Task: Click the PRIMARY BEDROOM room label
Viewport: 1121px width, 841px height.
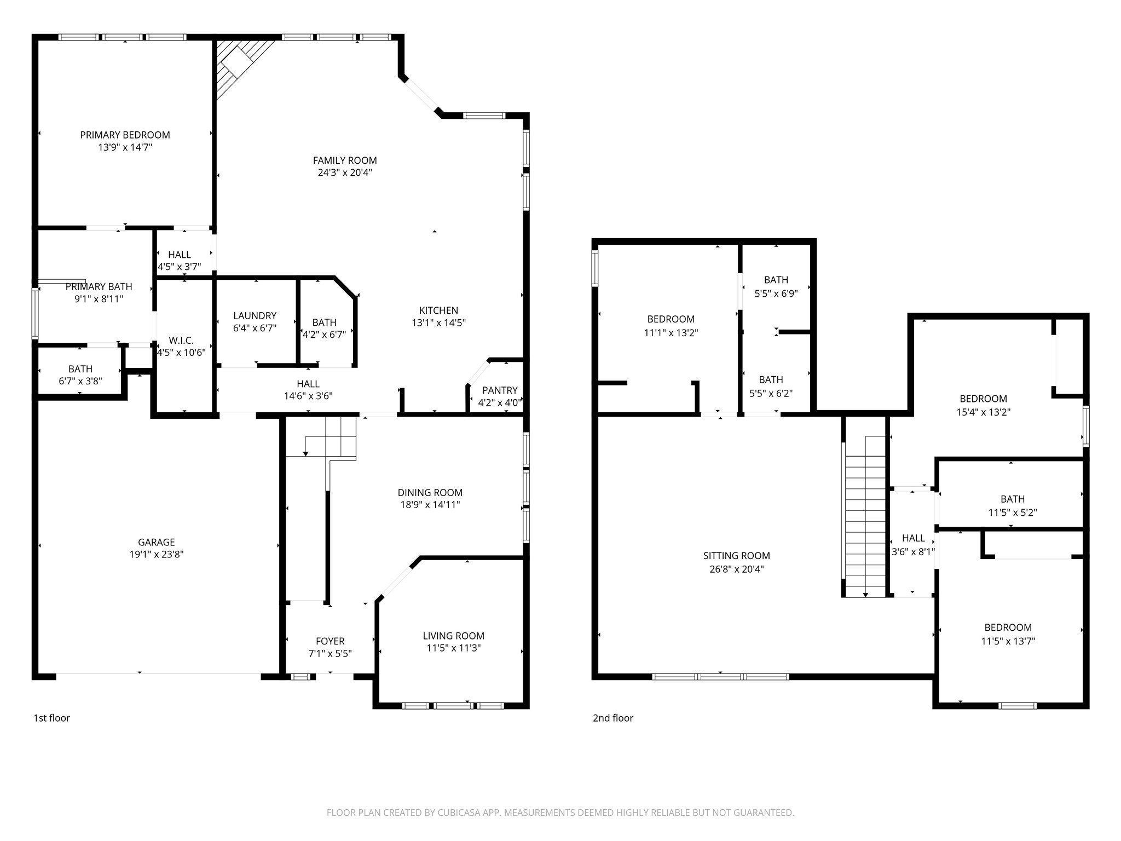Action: coord(125,135)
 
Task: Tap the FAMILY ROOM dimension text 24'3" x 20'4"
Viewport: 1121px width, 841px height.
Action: coord(345,172)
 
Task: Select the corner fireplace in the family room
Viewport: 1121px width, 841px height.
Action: coord(241,66)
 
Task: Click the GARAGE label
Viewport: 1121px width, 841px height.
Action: coord(157,542)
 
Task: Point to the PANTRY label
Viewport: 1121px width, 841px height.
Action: coord(500,390)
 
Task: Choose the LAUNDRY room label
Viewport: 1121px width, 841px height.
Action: coord(255,316)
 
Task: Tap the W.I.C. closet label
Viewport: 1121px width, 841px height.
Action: coord(181,341)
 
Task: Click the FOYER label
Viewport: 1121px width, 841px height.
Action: coord(330,641)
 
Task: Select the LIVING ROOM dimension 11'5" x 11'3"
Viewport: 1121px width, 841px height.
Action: coord(454,648)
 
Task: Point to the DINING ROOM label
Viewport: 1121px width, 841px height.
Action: coord(430,493)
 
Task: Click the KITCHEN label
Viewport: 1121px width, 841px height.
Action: coord(438,310)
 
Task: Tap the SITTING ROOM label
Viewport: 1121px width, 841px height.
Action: coord(737,556)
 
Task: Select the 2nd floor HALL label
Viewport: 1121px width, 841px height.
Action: coord(914,538)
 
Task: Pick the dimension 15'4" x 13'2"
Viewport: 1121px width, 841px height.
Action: coord(984,412)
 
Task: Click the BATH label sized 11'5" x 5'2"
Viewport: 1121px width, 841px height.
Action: coord(1013,499)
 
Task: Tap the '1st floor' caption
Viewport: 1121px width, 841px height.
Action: coord(52,718)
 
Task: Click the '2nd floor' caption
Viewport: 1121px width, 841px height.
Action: coord(613,718)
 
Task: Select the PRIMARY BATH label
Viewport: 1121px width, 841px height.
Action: coord(99,287)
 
